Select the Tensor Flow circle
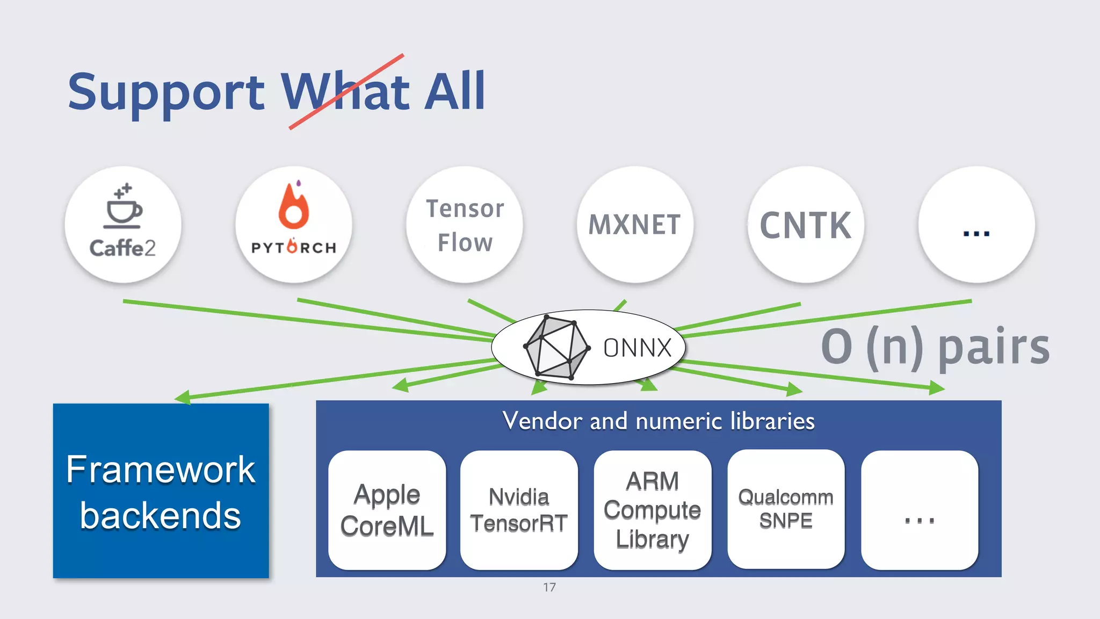tap(465, 225)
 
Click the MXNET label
tap(635, 225)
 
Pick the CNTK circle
tap(806, 225)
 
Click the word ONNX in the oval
tap(638, 348)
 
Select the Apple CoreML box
tap(387, 510)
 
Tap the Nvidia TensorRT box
tap(519, 510)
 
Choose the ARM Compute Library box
tap(652, 510)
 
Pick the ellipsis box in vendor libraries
tap(919, 510)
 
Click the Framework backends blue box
tap(161, 491)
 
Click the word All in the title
tap(454, 91)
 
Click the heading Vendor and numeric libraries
tap(658, 421)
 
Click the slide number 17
tap(549, 587)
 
